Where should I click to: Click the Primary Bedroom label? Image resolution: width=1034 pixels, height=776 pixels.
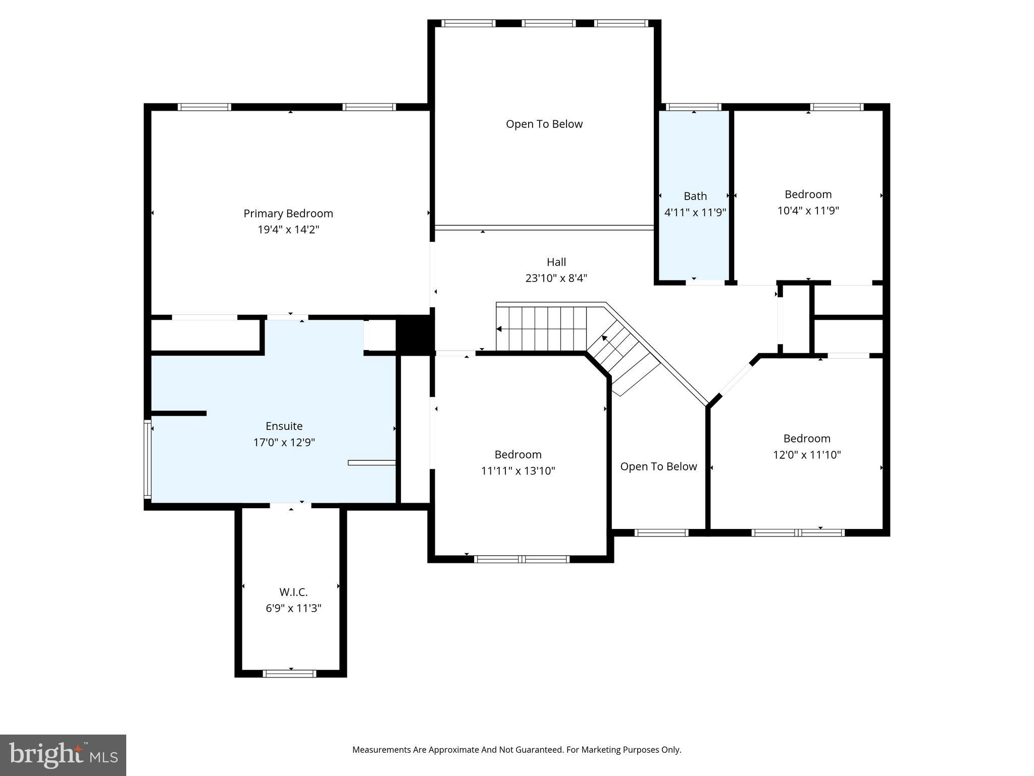(x=288, y=214)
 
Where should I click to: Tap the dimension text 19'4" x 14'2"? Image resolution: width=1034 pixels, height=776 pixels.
(x=288, y=230)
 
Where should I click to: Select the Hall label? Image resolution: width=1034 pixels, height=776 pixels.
(x=556, y=262)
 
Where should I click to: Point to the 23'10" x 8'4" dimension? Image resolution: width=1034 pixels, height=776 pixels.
(x=556, y=278)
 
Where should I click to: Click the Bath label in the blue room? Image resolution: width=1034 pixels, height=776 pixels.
(x=695, y=196)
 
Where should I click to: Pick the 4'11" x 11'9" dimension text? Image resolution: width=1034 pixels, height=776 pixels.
(x=695, y=212)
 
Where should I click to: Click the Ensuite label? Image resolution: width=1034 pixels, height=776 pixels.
(x=284, y=426)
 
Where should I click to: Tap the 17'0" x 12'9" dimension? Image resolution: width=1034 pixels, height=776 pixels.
(x=284, y=443)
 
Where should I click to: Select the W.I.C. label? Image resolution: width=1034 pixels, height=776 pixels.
(x=293, y=592)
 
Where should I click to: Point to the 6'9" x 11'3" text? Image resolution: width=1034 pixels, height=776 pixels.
(x=293, y=608)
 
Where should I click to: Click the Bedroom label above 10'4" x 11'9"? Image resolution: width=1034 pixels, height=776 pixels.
(x=808, y=195)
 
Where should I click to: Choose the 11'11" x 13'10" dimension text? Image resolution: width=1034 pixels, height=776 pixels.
(x=518, y=471)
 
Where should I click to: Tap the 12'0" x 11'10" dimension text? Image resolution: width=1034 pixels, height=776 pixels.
(x=807, y=455)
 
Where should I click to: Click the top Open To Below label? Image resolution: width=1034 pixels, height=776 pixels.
(x=544, y=124)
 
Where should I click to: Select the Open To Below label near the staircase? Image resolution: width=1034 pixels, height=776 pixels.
(x=658, y=467)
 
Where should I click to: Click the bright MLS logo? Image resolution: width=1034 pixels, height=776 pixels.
(x=63, y=755)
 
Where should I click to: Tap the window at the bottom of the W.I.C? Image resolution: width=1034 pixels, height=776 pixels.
(x=290, y=673)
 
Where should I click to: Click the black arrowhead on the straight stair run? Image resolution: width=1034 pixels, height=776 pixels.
(x=499, y=329)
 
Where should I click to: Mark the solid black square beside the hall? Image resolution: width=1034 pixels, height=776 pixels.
(x=415, y=334)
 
